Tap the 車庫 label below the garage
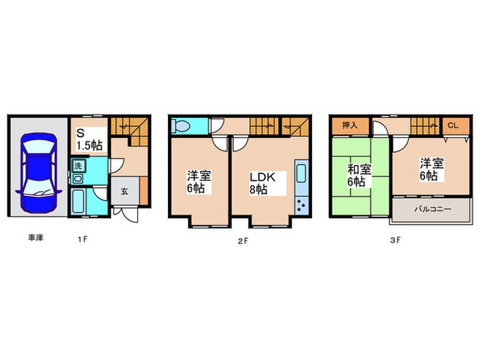(36, 239)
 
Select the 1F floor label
(82, 239)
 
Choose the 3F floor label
(395, 239)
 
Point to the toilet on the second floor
(182, 127)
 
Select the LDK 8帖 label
(262, 182)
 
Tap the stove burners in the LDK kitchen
(302, 204)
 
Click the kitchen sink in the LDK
(302, 172)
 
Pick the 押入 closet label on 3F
(350, 125)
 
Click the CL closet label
(453, 125)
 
